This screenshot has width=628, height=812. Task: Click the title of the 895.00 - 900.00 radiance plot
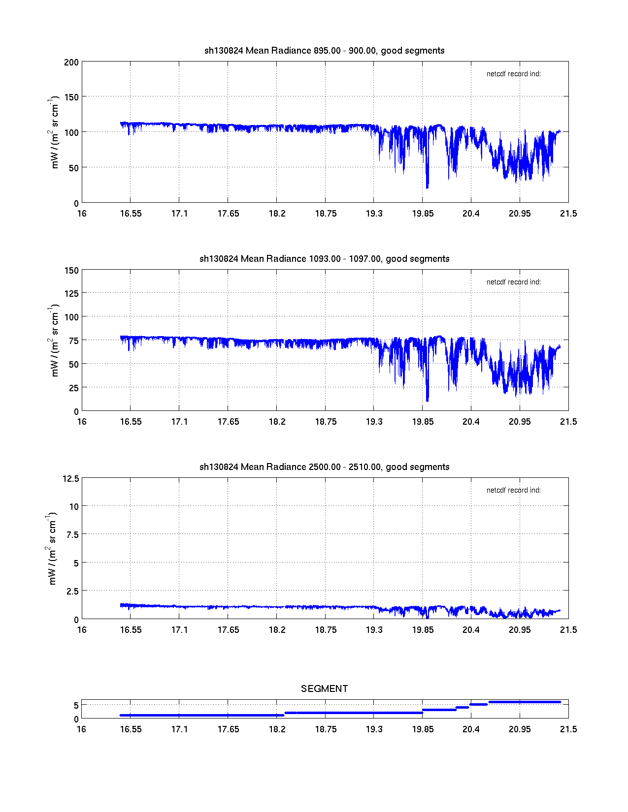tap(324, 51)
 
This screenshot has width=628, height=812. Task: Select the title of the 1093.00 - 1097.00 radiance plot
tap(324, 259)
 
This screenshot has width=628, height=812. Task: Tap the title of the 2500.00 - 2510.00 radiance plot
tap(324, 467)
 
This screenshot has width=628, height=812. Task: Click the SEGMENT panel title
tap(324, 689)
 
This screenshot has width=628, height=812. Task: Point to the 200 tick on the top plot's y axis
tap(71, 62)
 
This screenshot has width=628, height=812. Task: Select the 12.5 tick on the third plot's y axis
tap(71, 479)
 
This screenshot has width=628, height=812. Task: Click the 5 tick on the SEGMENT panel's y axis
tap(76, 706)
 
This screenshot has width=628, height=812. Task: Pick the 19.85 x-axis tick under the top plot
tap(423, 214)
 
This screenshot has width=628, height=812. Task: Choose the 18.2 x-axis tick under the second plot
tap(277, 422)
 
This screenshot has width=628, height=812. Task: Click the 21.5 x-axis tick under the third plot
tap(568, 630)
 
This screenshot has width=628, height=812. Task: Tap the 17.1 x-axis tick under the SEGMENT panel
tap(179, 729)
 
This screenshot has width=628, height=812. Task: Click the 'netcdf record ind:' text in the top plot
tap(513, 74)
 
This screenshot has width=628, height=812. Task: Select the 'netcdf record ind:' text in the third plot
tap(513, 490)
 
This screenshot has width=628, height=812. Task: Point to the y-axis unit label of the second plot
tap(54, 341)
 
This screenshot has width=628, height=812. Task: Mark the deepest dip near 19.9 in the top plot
tap(427, 187)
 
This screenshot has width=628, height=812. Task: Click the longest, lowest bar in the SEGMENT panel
tap(202, 715)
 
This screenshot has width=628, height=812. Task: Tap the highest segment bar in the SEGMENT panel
tap(525, 702)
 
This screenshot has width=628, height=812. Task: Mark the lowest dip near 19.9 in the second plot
tap(427, 401)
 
